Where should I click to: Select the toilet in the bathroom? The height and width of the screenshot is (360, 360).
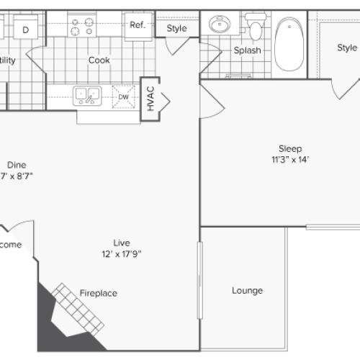pos(255,26)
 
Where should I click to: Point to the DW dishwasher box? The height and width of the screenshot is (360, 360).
pos(124,96)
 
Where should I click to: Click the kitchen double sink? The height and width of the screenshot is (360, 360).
pos(86,96)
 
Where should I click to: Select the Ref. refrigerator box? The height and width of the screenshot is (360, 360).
pos(138,24)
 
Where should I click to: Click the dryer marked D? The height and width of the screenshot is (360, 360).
pos(26,30)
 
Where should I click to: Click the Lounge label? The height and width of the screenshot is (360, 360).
pos(247,291)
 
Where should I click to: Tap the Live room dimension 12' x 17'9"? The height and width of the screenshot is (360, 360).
pos(120,253)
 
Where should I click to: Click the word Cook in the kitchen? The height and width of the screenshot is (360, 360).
pos(99,60)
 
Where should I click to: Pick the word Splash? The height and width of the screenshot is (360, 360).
pos(247,50)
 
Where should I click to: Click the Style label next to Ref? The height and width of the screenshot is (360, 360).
pos(176,29)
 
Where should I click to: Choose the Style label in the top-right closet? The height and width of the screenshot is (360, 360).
pos(347,48)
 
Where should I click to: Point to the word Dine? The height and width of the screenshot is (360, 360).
pos(16,163)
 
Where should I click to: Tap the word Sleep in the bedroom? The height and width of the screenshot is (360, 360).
pos(289,148)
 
